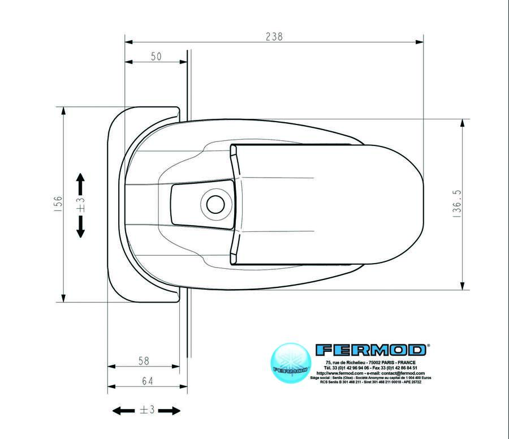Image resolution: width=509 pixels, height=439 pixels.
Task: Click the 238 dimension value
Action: click(274, 36)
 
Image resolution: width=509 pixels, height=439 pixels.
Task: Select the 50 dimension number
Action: click(156, 56)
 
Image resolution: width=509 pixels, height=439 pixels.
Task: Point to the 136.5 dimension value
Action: click(458, 204)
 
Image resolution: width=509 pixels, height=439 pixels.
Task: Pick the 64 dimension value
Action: click(147, 381)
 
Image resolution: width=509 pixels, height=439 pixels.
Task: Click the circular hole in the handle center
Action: click(215, 204)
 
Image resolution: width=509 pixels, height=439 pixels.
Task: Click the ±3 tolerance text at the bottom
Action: click(147, 410)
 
